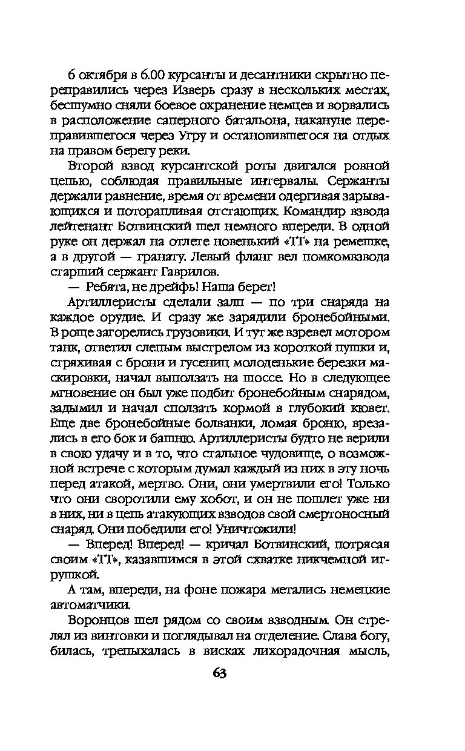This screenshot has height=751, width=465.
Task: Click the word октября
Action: (105, 76)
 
